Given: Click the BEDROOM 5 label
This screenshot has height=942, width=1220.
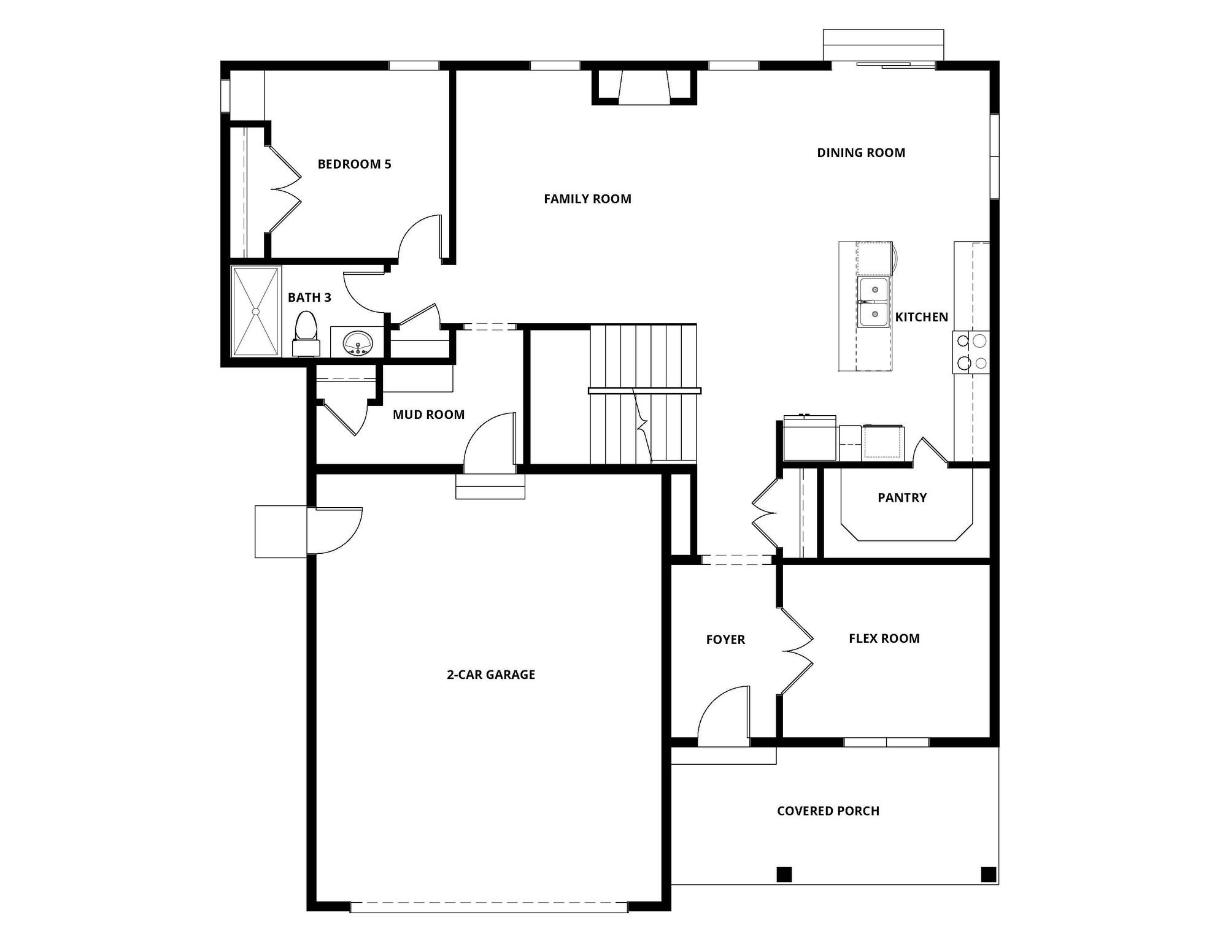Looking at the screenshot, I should click(x=354, y=164).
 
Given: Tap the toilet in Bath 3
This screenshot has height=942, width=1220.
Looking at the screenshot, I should click(x=306, y=334).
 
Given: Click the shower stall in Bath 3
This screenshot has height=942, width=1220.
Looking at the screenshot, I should click(x=256, y=311).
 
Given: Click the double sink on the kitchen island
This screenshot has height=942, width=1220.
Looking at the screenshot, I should click(x=873, y=302).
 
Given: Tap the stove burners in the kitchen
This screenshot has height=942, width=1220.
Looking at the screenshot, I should click(x=971, y=352).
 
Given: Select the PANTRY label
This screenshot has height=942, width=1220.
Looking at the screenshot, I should click(x=901, y=498).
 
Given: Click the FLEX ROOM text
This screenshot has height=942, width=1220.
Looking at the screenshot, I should click(x=884, y=638).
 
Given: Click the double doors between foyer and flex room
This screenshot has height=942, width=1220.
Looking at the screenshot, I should click(x=797, y=651).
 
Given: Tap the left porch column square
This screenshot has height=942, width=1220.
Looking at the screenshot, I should click(x=784, y=874).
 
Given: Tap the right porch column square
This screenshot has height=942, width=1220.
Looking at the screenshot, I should click(x=988, y=874).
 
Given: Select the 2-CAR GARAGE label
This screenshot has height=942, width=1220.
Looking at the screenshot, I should click(x=490, y=675).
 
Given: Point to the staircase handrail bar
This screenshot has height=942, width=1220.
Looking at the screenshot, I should click(x=644, y=391).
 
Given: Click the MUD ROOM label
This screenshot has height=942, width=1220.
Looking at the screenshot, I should click(x=428, y=415).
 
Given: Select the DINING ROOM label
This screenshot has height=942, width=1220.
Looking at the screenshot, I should click(x=860, y=153).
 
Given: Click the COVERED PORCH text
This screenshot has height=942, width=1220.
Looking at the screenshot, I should click(x=828, y=811).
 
